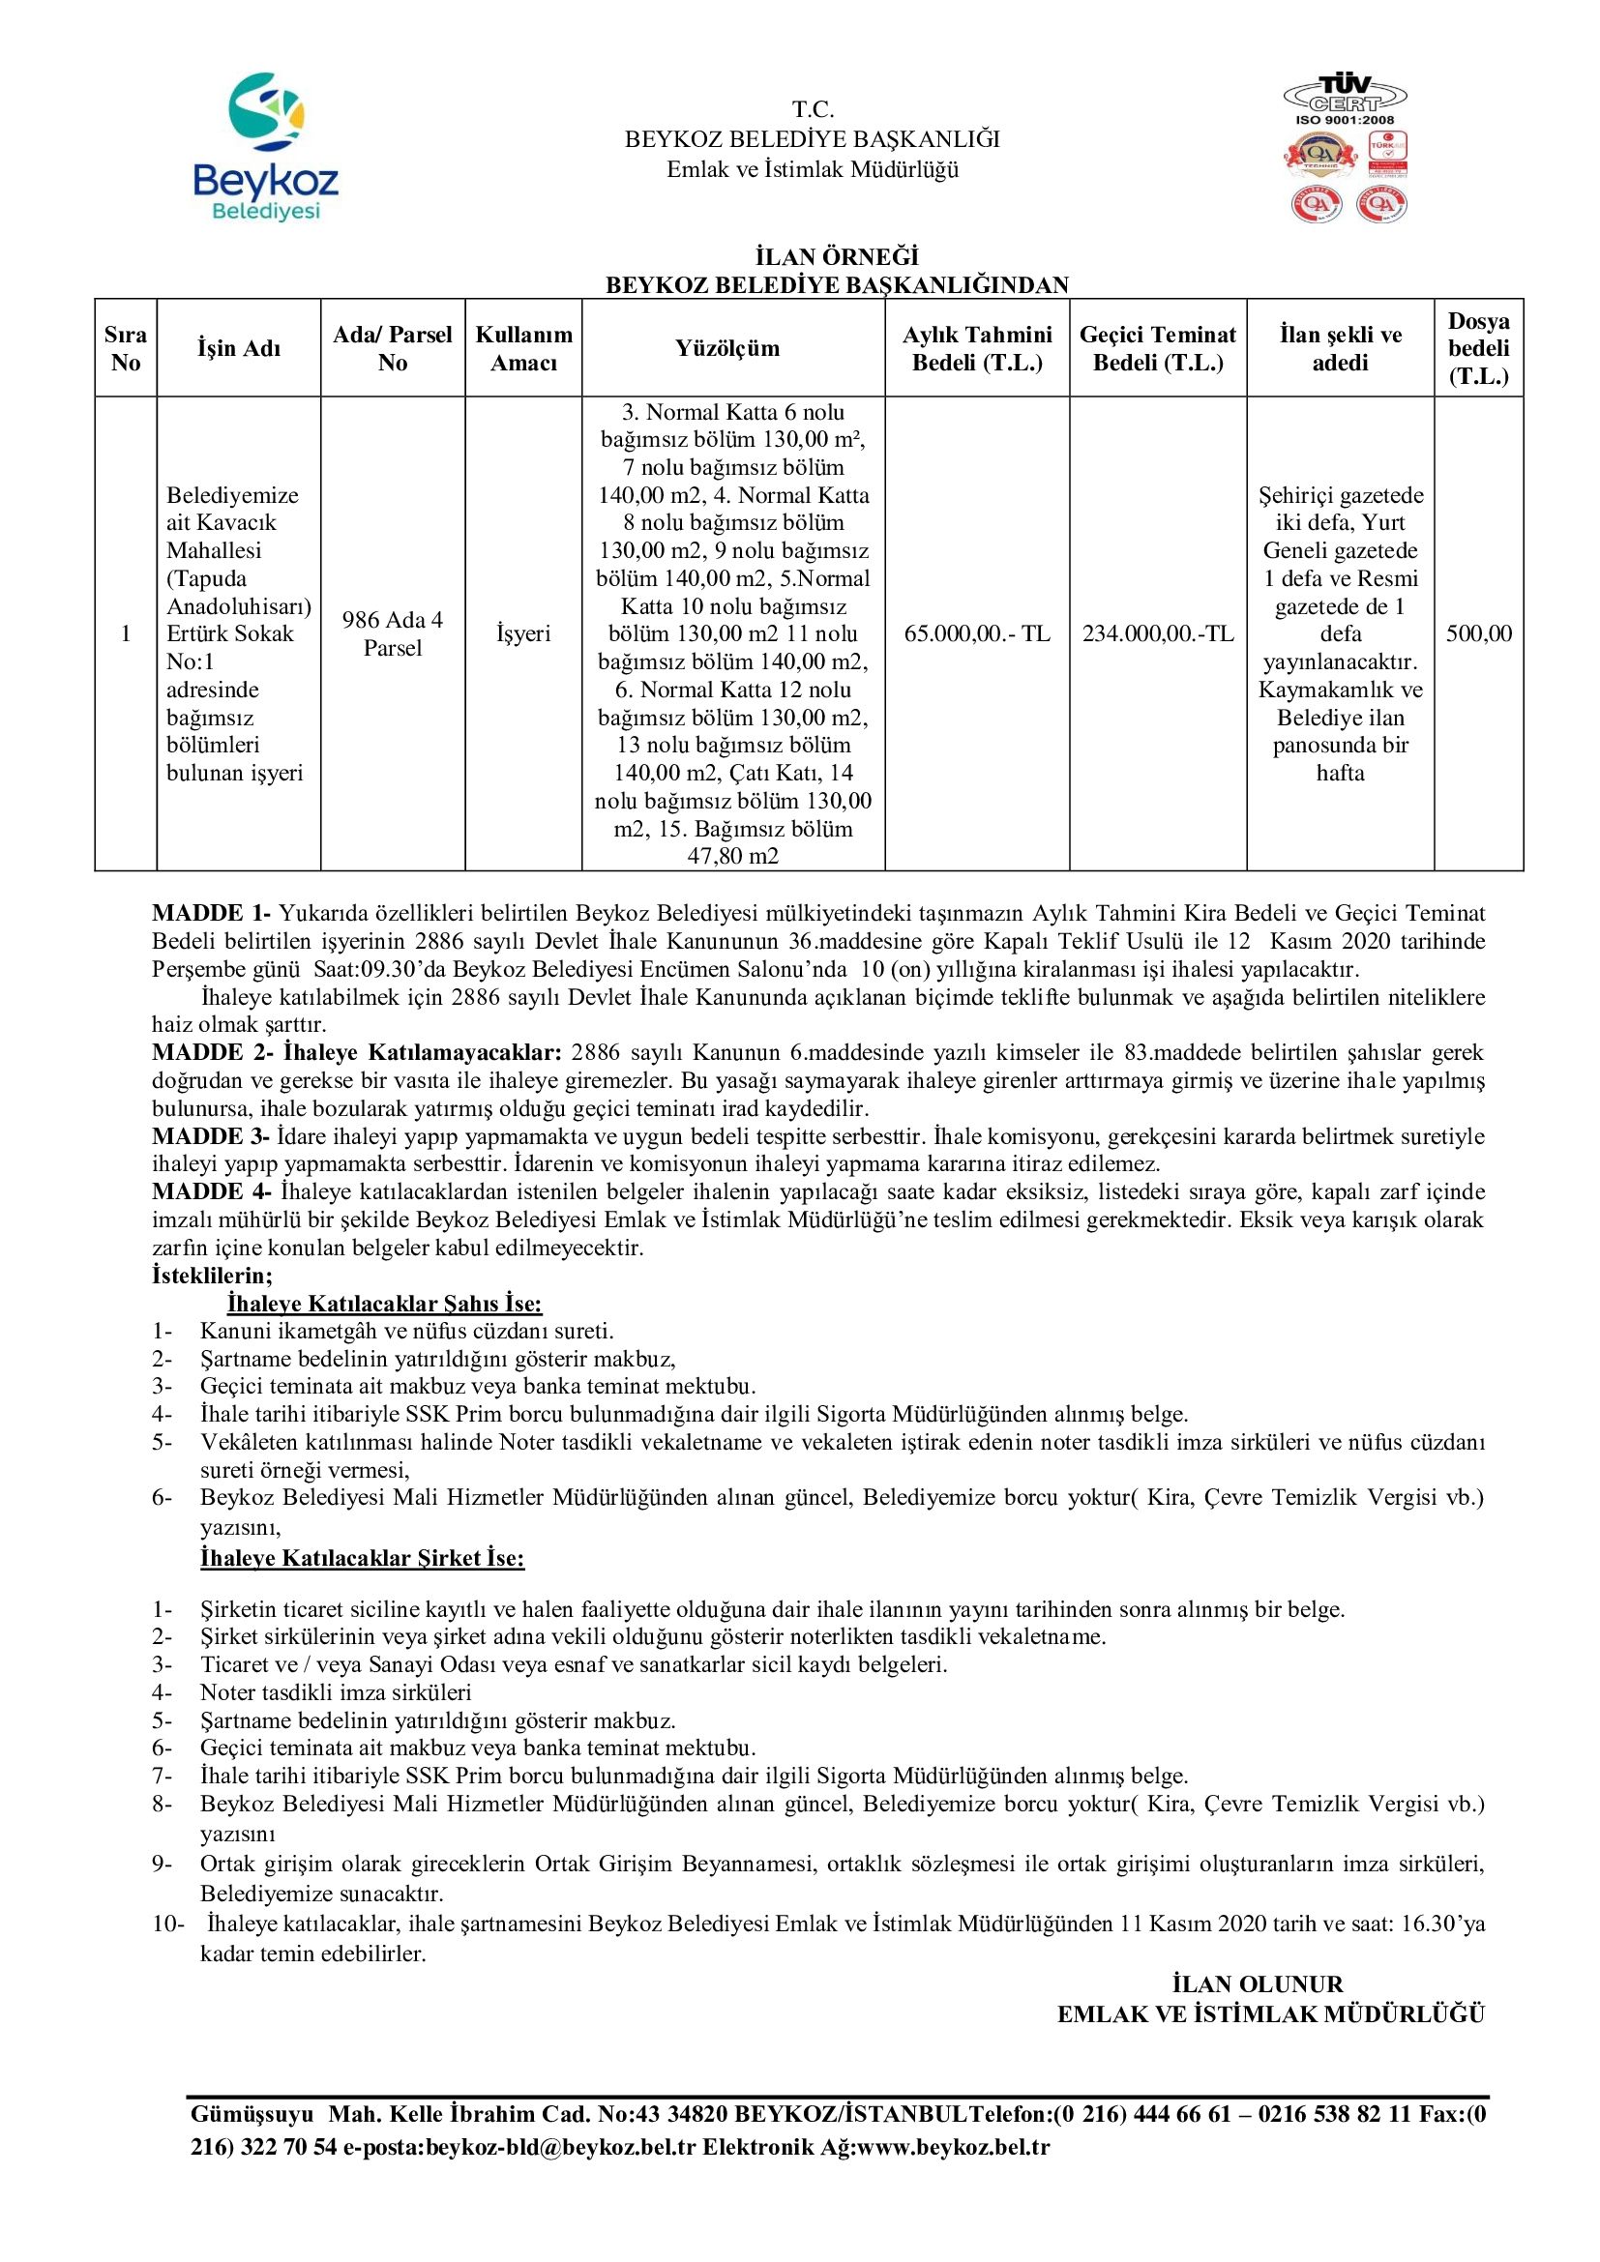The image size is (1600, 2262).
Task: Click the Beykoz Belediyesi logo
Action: [x=266, y=146]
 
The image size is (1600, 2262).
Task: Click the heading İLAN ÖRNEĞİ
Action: [x=837, y=257]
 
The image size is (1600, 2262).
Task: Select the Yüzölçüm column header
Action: [x=727, y=349]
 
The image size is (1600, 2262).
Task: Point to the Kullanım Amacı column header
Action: [x=523, y=349]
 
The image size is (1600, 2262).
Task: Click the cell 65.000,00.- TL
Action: [x=976, y=633]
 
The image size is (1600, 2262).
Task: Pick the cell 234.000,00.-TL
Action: [x=1158, y=633]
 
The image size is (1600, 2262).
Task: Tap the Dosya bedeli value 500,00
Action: [x=1478, y=633]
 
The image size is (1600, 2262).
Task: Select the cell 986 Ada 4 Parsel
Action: [x=392, y=633]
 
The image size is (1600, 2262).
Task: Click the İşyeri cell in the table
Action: [x=523, y=633]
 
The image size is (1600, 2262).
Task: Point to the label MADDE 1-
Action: [x=211, y=913]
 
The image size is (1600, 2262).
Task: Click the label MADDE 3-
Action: [x=211, y=1136]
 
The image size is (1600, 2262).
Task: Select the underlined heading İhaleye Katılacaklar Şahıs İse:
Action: [x=384, y=1304]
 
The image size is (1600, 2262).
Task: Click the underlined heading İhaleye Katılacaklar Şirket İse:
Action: [x=363, y=1558]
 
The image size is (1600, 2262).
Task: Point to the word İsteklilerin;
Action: [x=212, y=1276]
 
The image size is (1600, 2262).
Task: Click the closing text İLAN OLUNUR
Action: [x=1258, y=1983]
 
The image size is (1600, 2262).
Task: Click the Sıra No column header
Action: [x=125, y=349]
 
